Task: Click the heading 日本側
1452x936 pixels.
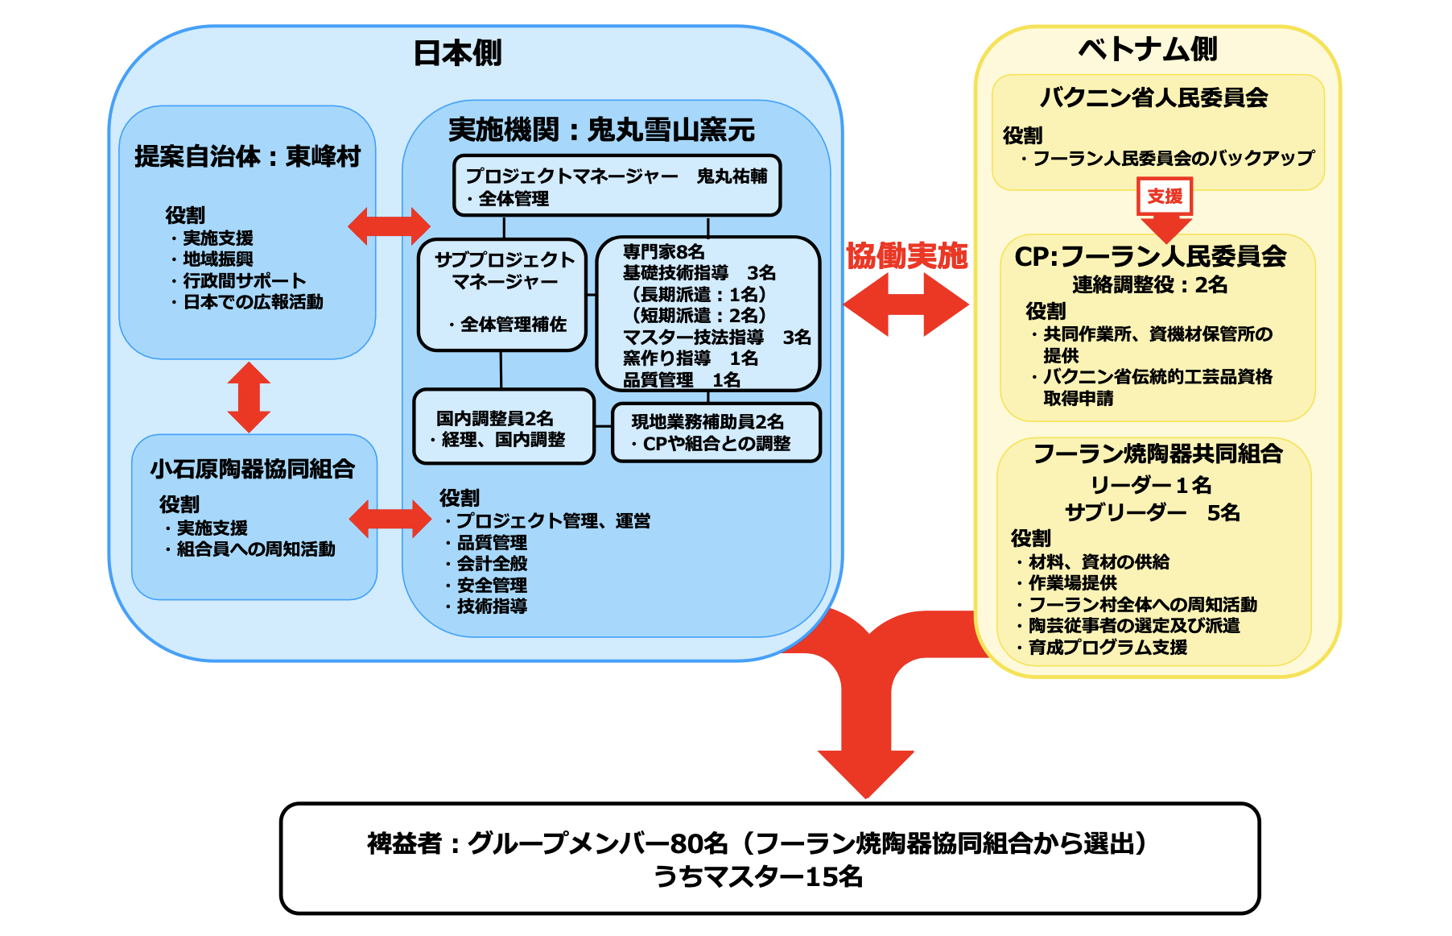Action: [x=457, y=53]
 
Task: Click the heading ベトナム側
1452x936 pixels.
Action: [x=1147, y=49]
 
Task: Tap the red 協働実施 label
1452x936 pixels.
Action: [x=906, y=256]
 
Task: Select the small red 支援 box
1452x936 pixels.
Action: [x=1165, y=196]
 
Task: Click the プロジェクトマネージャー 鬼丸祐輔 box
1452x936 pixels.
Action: [x=617, y=186]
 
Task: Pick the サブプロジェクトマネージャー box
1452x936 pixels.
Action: [x=503, y=295]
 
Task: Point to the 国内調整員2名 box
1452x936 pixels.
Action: [x=503, y=427]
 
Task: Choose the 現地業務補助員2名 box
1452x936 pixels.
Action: [x=716, y=433]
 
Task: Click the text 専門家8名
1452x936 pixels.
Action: [x=663, y=252]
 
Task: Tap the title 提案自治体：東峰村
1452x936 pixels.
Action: [x=247, y=156]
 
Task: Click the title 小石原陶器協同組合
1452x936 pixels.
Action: [x=253, y=469]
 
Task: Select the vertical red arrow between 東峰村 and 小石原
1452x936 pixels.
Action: [x=249, y=397]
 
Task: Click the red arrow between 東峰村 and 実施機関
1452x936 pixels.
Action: [x=389, y=226]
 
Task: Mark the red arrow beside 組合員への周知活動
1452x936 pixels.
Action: [x=390, y=519]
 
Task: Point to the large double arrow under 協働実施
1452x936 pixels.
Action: [x=905, y=304]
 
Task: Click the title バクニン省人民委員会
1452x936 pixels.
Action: [x=1153, y=97]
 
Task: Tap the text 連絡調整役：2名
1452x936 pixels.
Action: [x=1149, y=284]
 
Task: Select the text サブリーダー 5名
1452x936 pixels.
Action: [x=1152, y=512]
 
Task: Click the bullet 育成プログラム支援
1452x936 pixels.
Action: [x=1108, y=647]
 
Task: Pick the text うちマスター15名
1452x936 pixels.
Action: [x=757, y=876]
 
